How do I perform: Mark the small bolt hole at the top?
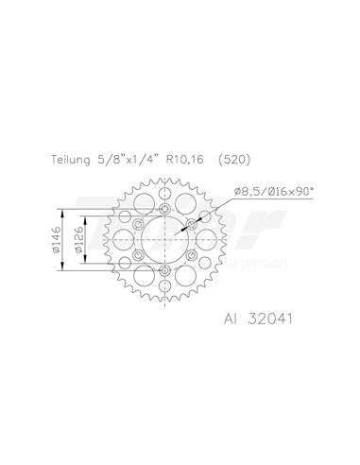pyautogui.click(x=164, y=209)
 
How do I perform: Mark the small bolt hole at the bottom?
pyautogui.click(x=164, y=273)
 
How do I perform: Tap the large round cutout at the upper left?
pyautogui.click(x=143, y=203)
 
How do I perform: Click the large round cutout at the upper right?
pyautogui.click(x=186, y=203)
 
